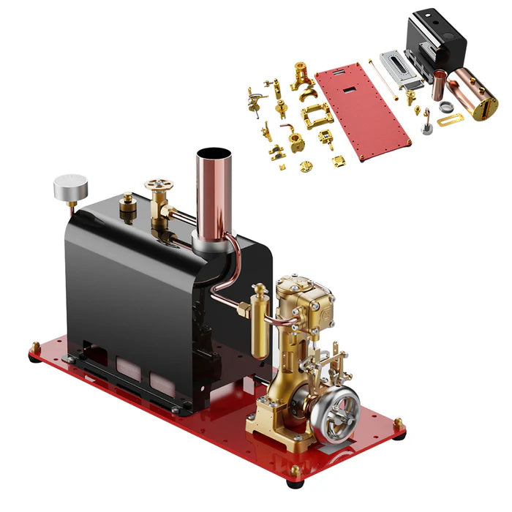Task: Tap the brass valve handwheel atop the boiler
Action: click(x=156, y=186)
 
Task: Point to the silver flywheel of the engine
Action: click(x=335, y=412)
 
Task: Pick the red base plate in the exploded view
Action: click(x=362, y=110)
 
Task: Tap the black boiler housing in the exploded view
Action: click(x=437, y=37)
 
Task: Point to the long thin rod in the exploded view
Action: click(x=383, y=80)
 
